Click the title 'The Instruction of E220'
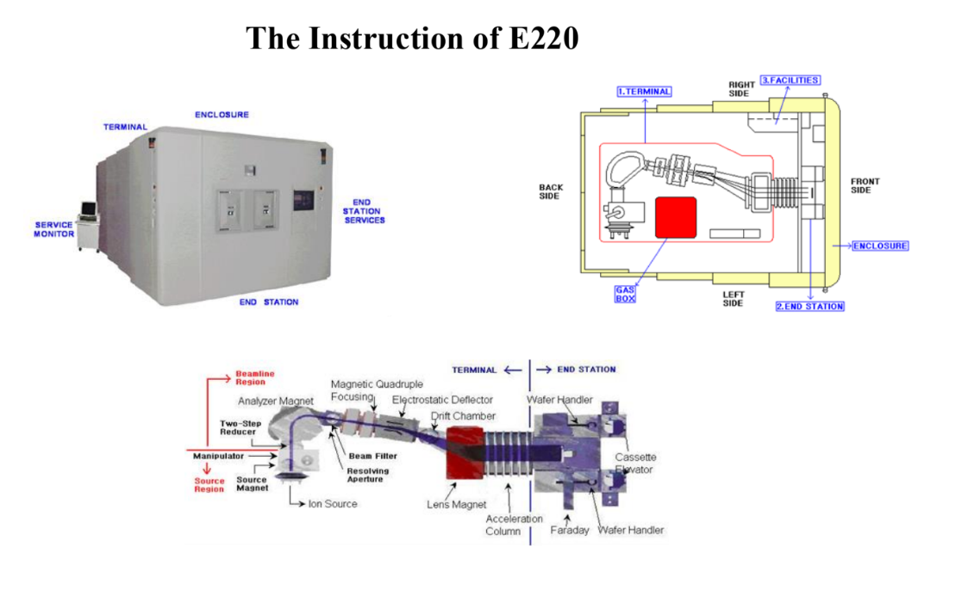(412, 38)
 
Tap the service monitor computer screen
(89, 209)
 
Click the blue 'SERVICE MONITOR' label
(54, 229)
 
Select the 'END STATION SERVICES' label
(364, 211)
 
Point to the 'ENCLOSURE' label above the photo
(222, 115)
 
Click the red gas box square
(676, 215)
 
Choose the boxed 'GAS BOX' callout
(625, 294)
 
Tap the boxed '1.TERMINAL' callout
(644, 90)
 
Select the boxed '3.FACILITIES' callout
(790, 80)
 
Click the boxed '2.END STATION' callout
(809, 307)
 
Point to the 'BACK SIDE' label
(550, 191)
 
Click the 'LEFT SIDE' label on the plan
(734, 298)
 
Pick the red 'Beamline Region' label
(255, 377)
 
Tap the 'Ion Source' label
(332, 504)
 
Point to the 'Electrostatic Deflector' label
(442, 400)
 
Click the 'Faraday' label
(570, 530)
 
